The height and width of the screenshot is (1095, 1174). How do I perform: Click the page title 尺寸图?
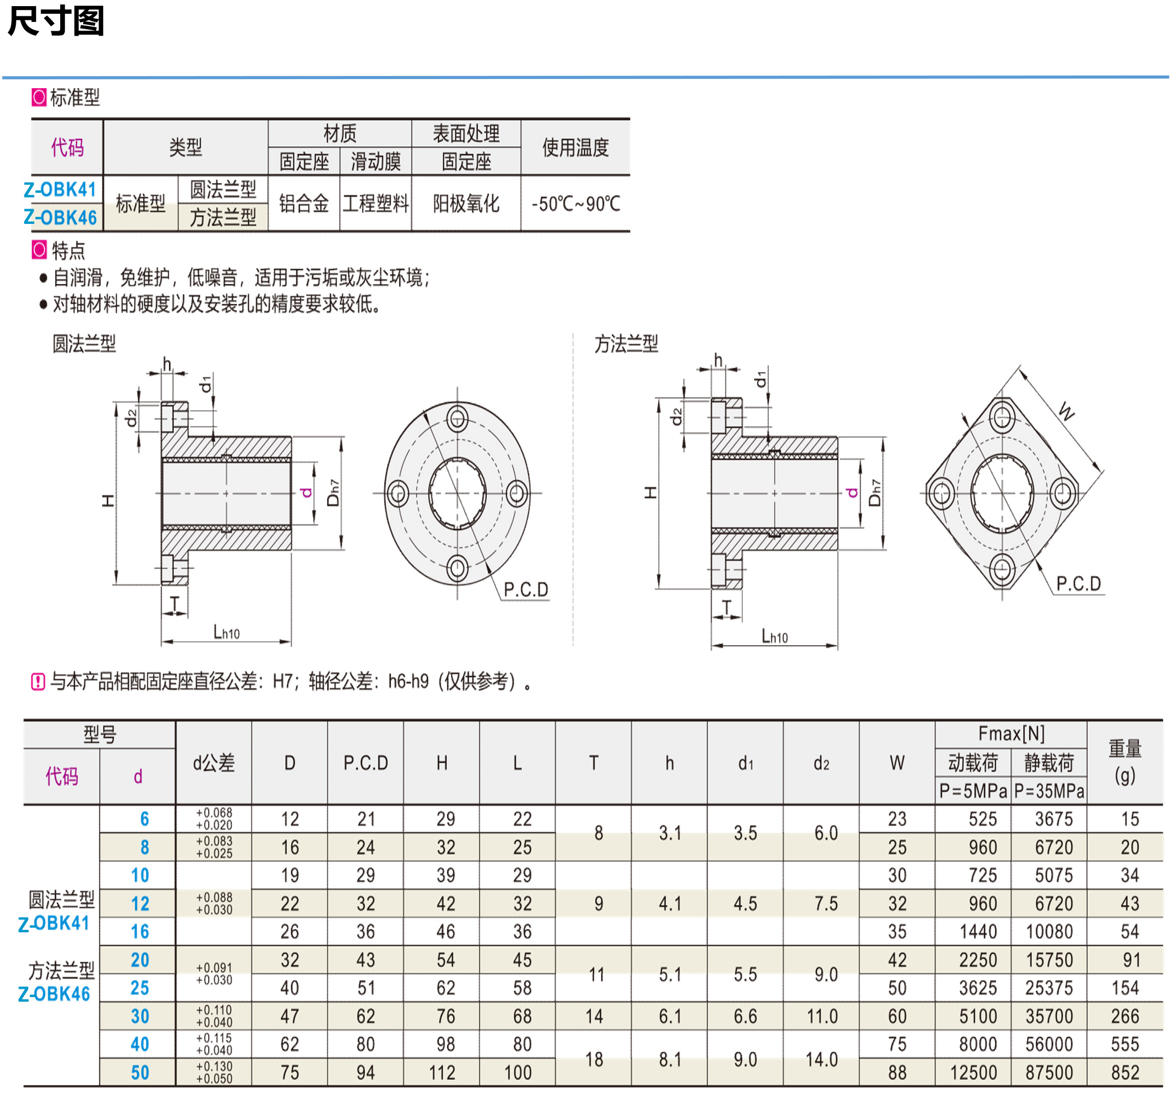point(56,21)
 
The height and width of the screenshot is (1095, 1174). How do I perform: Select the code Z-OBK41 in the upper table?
point(60,190)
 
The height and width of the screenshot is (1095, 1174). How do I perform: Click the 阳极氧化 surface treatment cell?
point(466,203)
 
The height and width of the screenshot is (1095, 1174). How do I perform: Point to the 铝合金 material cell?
point(304,203)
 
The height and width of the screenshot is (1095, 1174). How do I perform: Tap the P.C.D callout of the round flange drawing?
point(526,589)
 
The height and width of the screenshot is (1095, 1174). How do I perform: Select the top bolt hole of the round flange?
point(457,419)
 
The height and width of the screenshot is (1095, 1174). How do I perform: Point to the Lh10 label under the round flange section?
point(226,633)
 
